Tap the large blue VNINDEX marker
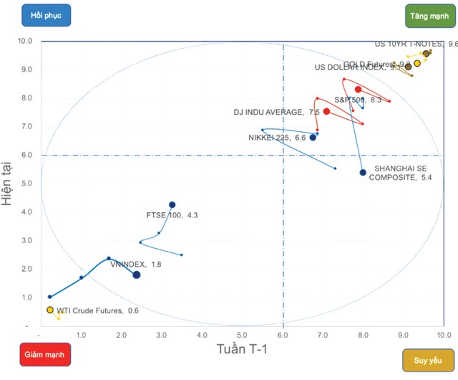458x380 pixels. (x=137, y=275)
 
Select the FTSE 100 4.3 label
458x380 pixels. (x=172, y=214)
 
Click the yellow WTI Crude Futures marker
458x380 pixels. (x=50, y=310)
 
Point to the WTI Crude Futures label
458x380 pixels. (x=98, y=311)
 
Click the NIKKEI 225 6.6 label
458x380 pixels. (x=277, y=137)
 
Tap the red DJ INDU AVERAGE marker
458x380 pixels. (x=326, y=111)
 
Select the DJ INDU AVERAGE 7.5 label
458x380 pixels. (x=277, y=113)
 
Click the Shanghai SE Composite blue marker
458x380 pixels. (x=363, y=172)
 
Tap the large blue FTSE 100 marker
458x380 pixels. (x=172, y=204)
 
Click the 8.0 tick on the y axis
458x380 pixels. (x=26, y=98)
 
